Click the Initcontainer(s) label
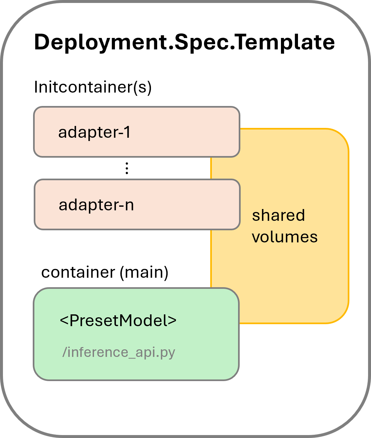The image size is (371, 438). click(93, 87)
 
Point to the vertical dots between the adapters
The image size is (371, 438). click(127, 168)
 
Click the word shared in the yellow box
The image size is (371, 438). click(278, 215)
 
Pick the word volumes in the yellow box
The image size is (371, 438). click(285, 237)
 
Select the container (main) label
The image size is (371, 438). click(104, 272)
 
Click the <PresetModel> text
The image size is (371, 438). click(118, 321)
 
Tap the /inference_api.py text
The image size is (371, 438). click(119, 352)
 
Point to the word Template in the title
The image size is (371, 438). click(285, 42)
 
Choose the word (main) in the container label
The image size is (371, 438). click(144, 272)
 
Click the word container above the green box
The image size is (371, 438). click(78, 272)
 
